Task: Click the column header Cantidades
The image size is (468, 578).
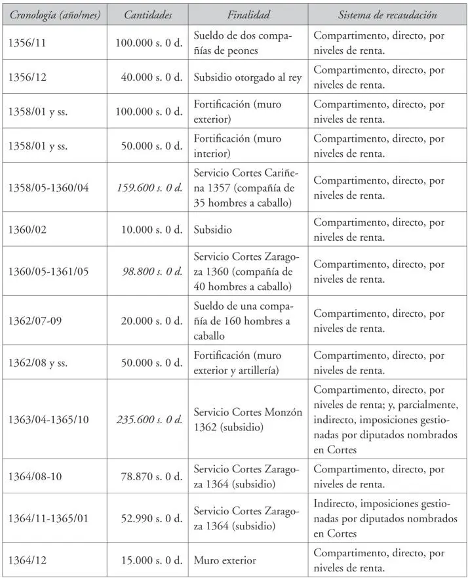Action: coord(148,14)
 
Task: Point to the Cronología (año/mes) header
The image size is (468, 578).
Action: coord(54,14)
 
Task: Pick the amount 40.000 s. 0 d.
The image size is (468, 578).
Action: coord(151,77)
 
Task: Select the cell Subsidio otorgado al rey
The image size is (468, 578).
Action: coord(248,77)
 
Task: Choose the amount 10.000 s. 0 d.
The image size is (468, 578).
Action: coord(151,230)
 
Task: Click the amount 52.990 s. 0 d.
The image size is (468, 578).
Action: coord(151,518)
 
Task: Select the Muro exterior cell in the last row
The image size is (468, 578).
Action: coord(225,560)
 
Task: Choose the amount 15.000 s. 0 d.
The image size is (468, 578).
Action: coord(151,560)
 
